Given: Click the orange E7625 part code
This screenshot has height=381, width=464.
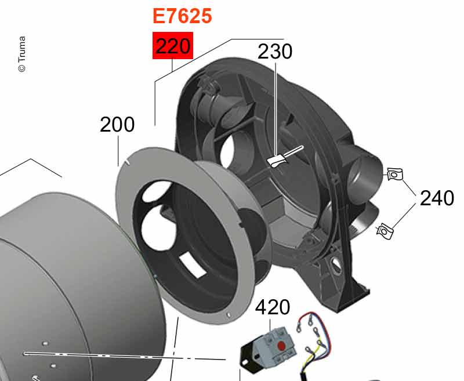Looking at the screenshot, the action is (182, 16).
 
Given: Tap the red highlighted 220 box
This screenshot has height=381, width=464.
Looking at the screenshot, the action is (173, 46).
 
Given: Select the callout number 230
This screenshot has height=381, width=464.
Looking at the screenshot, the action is (275, 52).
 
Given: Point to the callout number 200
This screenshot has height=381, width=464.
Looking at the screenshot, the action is (117, 125).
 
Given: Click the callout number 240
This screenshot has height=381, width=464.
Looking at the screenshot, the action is (437, 198).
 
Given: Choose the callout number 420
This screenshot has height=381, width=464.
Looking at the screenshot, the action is (273, 307).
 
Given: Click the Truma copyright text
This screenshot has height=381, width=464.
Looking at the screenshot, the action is (22, 54).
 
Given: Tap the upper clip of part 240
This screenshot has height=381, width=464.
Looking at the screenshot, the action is (395, 174).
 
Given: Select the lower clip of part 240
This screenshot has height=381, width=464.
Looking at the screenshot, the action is (385, 231).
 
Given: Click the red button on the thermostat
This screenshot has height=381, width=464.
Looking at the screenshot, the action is (281, 346).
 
